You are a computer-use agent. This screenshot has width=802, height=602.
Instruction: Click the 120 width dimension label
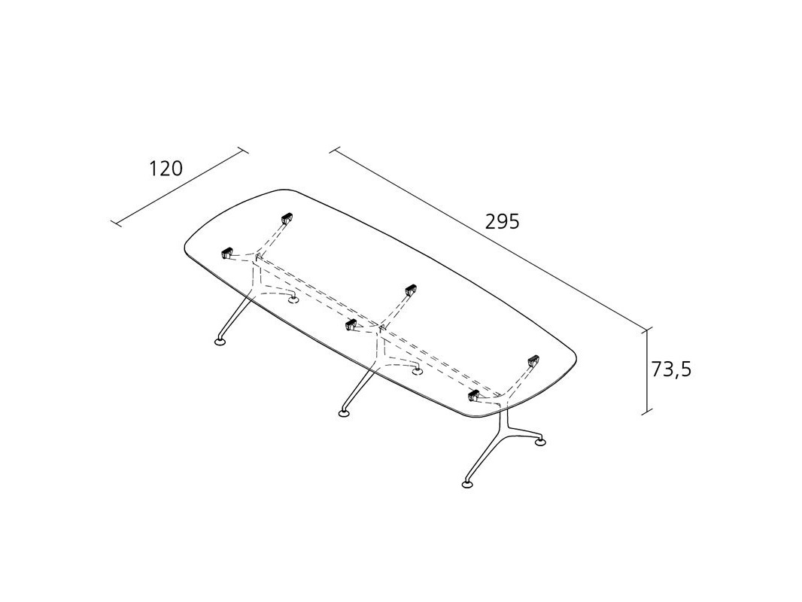[166, 169]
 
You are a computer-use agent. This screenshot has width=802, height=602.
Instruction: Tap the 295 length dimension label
[502, 222]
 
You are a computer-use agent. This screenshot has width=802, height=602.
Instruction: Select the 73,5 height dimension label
[670, 369]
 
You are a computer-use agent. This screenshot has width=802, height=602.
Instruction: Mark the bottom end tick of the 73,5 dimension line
[646, 412]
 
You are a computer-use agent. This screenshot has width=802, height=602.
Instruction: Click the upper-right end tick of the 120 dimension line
[242, 150]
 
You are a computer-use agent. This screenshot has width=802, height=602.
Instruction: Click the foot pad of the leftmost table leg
[220, 343]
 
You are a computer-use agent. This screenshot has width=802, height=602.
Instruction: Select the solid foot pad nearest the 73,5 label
[540, 442]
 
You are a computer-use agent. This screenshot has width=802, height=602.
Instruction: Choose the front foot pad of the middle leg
[345, 412]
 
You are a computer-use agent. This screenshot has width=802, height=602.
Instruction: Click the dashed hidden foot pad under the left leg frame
[293, 299]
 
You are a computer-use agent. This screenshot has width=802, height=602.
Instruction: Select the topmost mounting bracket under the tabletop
[286, 219]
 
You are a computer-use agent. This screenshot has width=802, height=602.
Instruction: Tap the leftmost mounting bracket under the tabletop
[226, 254]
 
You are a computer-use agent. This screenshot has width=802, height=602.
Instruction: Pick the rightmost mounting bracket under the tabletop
[534, 361]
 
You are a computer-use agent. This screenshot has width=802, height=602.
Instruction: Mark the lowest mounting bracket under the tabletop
[475, 396]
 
